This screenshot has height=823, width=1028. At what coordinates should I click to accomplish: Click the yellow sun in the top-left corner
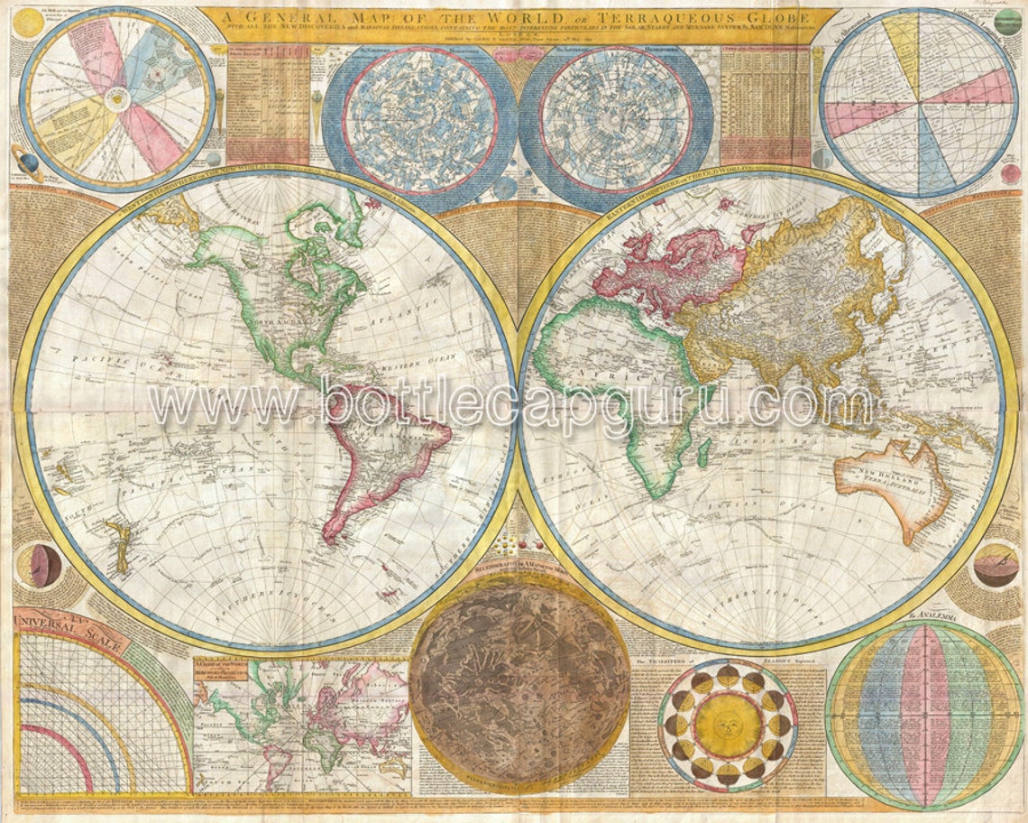pyautogui.click(x=28, y=23)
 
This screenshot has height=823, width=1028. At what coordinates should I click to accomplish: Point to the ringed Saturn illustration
pyautogui.click(x=24, y=162)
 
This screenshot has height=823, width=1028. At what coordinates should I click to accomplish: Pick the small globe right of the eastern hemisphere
pyautogui.click(x=996, y=565)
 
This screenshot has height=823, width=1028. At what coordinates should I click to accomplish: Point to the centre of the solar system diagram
pyautogui.click(x=117, y=99)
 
